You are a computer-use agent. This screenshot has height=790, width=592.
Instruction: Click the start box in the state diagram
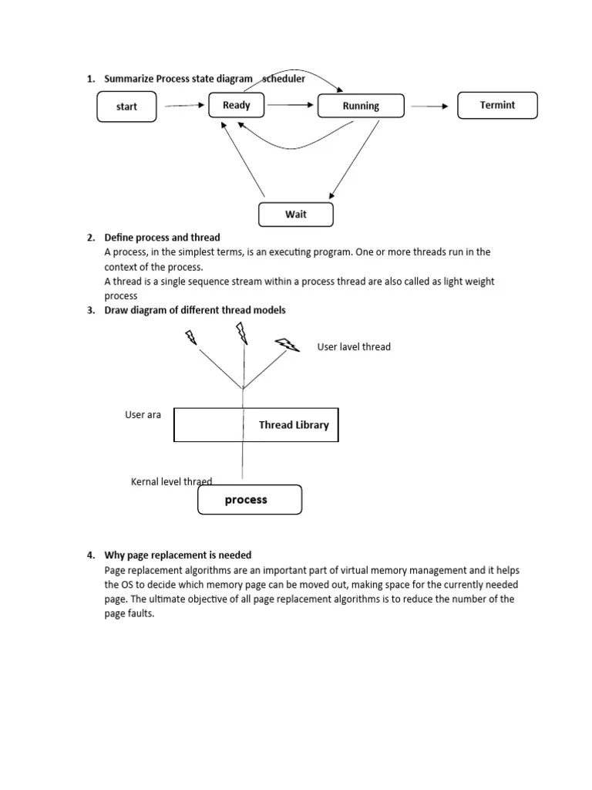[126, 106]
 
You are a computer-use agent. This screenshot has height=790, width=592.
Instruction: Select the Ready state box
[236, 105]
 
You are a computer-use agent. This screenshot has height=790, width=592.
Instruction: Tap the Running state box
[361, 106]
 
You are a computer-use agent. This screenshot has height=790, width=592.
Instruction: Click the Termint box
[497, 105]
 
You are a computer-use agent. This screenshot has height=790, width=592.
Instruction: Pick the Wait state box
[296, 214]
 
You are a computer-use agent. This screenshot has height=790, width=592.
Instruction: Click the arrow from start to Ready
[183, 106]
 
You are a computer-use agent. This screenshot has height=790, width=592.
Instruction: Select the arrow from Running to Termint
[428, 106]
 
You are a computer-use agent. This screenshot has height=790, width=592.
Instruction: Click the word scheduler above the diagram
[284, 79]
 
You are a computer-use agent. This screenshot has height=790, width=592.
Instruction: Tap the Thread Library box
[256, 425]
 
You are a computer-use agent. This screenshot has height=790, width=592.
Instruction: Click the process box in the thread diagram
[250, 500]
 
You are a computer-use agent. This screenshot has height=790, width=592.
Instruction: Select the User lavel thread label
[354, 347]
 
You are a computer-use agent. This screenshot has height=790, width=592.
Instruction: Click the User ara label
[143, 415]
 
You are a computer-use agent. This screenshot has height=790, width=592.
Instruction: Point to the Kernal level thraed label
[171, 481]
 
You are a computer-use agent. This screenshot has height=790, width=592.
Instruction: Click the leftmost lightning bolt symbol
[190, 337]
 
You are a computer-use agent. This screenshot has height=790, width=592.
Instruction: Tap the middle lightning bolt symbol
[241, 333]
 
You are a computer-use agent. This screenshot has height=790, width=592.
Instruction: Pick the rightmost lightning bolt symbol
[288, 344]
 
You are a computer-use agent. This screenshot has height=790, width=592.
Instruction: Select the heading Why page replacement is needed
[178, 555]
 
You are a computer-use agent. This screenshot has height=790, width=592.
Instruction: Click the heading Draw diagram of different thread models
[195, 310]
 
